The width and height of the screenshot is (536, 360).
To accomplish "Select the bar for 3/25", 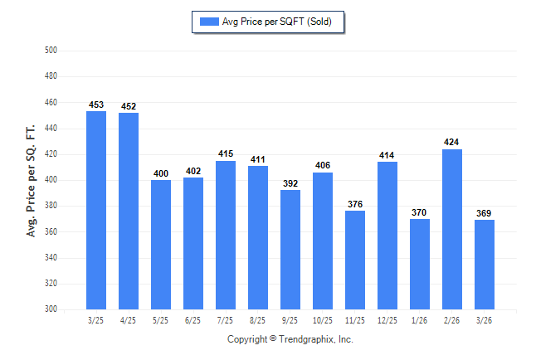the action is tap(96, 210).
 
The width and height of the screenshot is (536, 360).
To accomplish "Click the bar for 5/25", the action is tap(161, 245).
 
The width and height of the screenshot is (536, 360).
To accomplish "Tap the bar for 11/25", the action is tap(355, 260).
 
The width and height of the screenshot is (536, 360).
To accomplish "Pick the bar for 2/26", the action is tap(452, 230).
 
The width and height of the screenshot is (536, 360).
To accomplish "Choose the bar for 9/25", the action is tap(290, 250).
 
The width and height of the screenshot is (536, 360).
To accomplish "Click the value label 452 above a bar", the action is tap(129, 106).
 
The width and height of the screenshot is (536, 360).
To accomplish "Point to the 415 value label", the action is tap(226, 153).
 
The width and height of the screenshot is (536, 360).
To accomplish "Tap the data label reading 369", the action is tap(484, 213).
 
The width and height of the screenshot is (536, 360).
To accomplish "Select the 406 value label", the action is tap(323, 165).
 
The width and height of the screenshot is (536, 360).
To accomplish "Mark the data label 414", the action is tap(387, 155).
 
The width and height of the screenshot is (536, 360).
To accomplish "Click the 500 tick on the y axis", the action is tap(51, 51).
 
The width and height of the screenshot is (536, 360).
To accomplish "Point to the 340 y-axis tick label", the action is tap(51, 257).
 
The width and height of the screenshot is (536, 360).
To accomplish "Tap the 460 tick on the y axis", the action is tap(51, 102).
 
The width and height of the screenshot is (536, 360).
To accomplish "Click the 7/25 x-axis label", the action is tap(225, 320).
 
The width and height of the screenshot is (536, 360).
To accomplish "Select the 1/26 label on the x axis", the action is tap(420, 320).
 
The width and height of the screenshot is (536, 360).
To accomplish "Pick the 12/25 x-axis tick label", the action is tap(387, 320).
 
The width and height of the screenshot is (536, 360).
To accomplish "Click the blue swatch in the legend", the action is tap(209, 22).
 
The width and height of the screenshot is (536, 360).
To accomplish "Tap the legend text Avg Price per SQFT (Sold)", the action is tap(277, 22).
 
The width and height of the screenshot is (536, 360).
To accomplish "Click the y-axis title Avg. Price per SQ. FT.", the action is tap(31, 181).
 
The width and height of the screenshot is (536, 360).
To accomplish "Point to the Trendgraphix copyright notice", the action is tap(290, 339).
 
